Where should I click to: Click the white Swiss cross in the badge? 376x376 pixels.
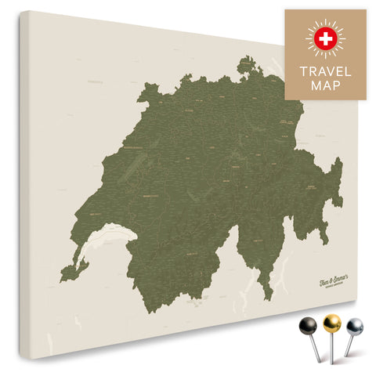pyautogui.click(x=325, y=37)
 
